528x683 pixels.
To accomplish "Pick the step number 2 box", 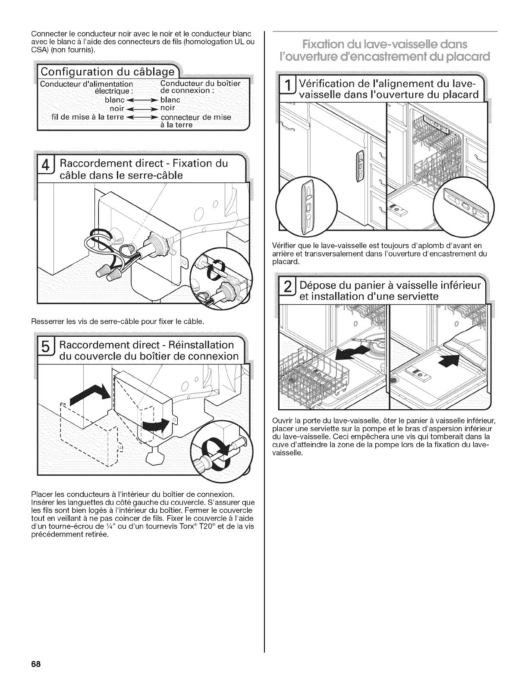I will (x=287, y=291).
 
